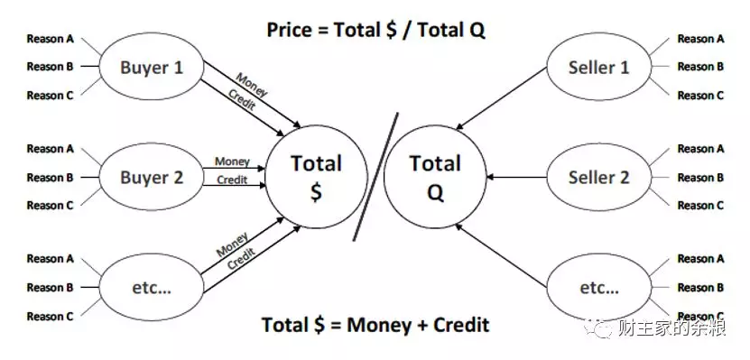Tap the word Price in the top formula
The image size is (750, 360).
290,30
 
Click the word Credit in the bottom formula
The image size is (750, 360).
461,325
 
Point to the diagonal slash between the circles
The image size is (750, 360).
376,176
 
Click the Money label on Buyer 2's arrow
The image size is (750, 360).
232,162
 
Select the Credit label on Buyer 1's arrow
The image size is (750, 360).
242,100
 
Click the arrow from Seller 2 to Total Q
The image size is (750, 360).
516,178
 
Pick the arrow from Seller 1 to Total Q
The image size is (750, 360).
501,98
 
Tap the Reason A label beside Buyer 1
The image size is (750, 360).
51,39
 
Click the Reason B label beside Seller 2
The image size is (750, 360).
700,178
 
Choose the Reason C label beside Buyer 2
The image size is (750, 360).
51,206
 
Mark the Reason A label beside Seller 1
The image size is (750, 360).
700,39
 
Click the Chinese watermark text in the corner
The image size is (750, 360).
672,328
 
